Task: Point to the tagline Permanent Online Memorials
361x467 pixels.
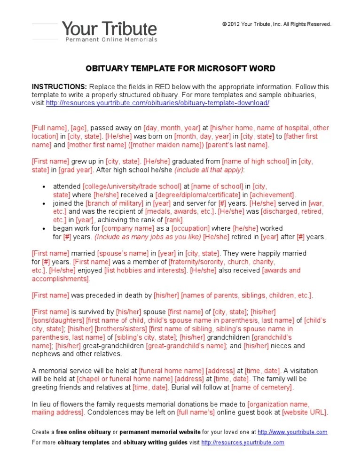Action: tap(111, 40)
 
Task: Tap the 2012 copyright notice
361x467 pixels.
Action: tap(277, 24)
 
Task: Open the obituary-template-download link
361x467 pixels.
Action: tap(157, 103)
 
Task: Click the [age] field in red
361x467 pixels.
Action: tap(79, 128)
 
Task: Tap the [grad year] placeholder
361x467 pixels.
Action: tap(76, 170)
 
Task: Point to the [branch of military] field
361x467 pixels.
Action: tap(115, 203)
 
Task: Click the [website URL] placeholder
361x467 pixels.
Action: tap(304, 413)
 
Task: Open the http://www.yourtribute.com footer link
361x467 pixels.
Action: tap(292, 432)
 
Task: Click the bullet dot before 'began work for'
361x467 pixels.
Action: tap(43, 229)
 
